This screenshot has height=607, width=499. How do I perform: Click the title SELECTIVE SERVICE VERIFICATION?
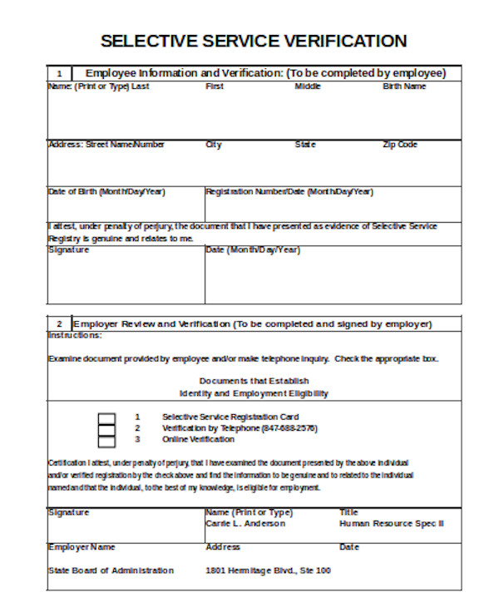point(254,41)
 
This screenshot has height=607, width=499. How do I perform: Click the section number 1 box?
point(58,73)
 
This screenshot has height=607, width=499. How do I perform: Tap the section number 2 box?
point(59,323)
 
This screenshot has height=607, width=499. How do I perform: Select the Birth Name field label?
point(404,86)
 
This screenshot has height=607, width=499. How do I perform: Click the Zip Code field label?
point(399,145)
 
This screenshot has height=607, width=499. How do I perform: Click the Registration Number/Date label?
point(289,191)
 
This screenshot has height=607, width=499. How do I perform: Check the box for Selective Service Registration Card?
point(106,417)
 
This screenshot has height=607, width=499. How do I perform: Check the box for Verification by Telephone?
point(106,428)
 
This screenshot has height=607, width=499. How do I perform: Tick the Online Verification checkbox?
point(106,440)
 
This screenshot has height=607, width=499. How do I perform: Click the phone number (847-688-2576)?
point(289,428)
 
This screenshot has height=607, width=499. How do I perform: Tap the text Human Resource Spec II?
point(392,524)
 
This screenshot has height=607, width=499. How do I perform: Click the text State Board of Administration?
point(111,570)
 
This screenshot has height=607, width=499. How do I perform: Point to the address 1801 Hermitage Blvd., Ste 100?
point(268,570)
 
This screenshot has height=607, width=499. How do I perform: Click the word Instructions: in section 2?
point(75,335)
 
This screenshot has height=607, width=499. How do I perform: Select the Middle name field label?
point(307,86)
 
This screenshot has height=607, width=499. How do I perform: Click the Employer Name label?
point(82,547)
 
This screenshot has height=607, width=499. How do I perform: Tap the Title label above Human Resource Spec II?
point(348,512)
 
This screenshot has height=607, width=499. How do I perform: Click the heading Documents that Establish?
point(254,381)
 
